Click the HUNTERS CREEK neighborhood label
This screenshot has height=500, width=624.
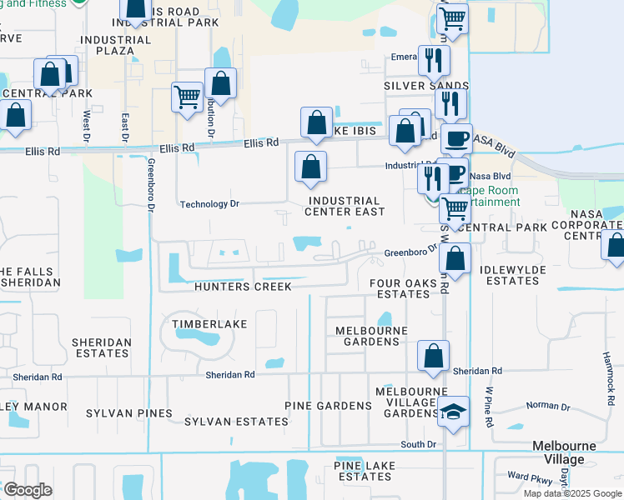point(243,287)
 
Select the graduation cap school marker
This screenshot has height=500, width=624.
point(454,412)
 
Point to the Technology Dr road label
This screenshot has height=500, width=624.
point(209,204)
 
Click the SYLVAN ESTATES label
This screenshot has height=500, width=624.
point(236,422)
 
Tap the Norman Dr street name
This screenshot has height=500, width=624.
point(548,407)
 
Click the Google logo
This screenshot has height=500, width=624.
point(27,490)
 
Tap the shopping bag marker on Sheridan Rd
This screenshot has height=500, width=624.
point(434,356)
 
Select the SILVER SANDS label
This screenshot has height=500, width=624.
point(415,86)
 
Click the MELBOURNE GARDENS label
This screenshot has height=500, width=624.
point(371,336)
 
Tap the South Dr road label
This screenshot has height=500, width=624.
point(419,444)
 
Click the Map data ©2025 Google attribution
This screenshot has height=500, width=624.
point(571,493)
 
